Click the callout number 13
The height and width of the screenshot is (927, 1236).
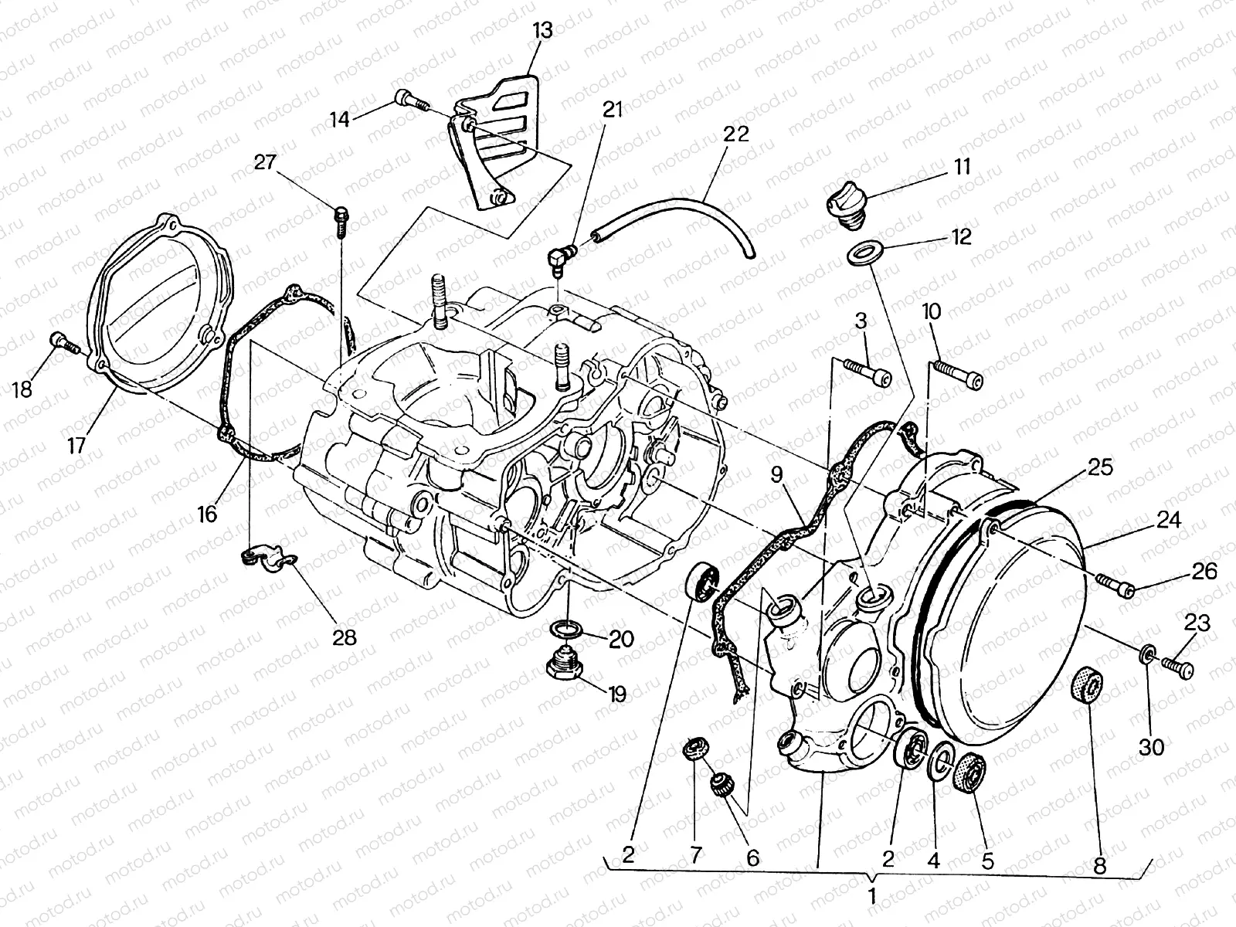(x=542, y=31)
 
